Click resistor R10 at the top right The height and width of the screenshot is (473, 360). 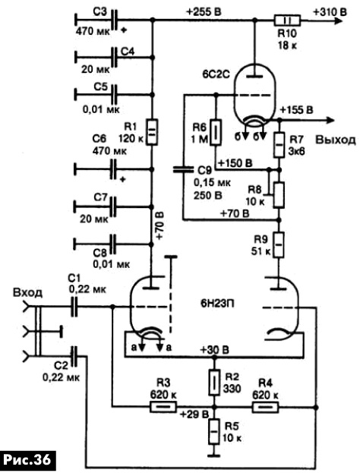[x=287, y=20]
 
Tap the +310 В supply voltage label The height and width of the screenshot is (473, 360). [x=330, y=11]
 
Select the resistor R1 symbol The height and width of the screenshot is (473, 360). [x=152, y=132]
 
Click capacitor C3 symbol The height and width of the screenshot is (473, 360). [x=114, y=20]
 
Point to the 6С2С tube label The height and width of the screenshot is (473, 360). [x=216, y=74]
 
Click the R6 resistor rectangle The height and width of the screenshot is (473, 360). [x=216, y=132]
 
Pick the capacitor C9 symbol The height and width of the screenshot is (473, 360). [x=183, y=169]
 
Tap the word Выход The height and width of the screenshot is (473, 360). [x=336, y=140]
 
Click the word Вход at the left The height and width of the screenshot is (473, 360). [x=27, y=292]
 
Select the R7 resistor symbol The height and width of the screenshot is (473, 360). [x=279, y=144]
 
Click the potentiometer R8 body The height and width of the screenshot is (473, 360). [x=279, y=195]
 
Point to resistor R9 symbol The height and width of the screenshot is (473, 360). [x=279, y=244]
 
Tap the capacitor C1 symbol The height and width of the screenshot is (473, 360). [x=74, y=307]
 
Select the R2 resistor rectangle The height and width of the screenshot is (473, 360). [x=214, y=382]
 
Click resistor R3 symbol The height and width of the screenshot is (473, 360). [x=163, y=407]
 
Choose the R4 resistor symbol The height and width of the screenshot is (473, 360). [x=265, y=407]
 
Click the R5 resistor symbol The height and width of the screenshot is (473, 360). [x=214, y=431]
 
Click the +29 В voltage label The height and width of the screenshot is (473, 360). [x=194, y=415]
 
